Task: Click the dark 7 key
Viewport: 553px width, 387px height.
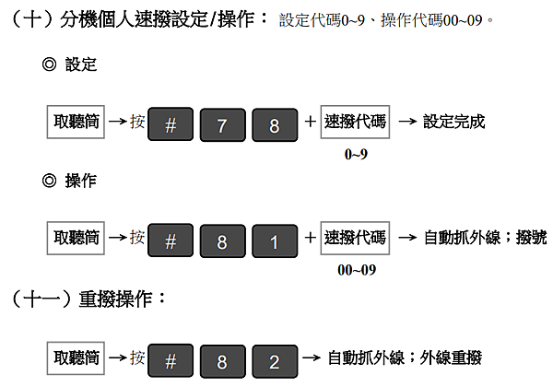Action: [222, 124]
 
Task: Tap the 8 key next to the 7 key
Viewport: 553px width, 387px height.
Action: [275, 124]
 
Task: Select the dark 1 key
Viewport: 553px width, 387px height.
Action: [275, 241]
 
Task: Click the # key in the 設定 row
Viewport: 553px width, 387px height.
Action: [171, 124]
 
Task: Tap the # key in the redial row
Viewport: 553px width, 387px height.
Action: [171, 361]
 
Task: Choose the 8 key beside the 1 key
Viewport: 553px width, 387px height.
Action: [222, 241]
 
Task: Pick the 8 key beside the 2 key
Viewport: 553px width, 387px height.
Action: [222, 361]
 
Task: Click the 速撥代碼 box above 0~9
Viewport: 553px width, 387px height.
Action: [355, 122]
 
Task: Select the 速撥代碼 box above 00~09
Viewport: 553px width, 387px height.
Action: [355, 238]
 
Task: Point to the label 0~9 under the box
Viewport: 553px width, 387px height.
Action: [356, 155]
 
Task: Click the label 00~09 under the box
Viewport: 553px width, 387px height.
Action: [357, 270]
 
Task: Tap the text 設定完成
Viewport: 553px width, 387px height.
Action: [453, 122]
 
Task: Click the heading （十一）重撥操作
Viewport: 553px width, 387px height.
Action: [88, 299]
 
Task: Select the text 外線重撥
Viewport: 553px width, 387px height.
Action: [451, 358]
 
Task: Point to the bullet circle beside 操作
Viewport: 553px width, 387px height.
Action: [50, 181]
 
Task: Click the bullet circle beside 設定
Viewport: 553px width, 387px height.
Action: [50, 64]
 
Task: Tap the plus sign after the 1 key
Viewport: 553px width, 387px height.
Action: [310, 238]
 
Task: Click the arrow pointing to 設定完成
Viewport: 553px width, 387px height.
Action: [407, 122]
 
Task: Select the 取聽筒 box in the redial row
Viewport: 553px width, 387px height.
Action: [76, 358]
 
